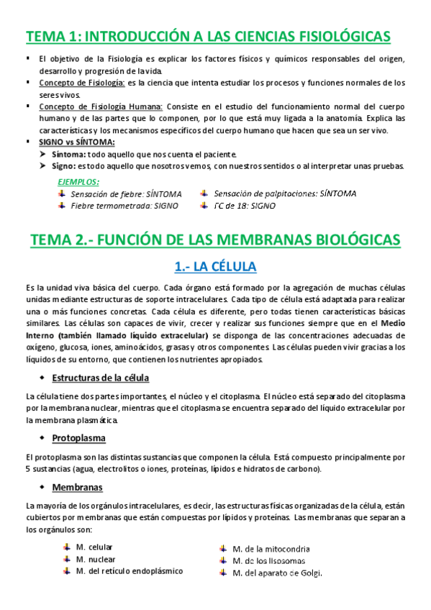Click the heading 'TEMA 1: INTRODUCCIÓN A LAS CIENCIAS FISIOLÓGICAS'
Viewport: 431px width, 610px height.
point(208,37)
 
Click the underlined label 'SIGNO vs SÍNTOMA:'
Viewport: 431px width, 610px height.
point(74,143)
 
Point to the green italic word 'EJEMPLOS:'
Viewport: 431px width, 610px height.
point(78,182)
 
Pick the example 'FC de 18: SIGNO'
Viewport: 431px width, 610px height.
point(245,206)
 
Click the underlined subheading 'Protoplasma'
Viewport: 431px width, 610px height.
point(78,437)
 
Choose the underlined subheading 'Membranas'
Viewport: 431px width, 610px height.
point(76,487)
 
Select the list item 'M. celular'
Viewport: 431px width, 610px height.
point(94,547)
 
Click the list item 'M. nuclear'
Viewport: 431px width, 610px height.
point(95,559)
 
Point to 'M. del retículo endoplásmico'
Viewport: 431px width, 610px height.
point(129,571)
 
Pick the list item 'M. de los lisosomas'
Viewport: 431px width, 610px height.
point(268,561)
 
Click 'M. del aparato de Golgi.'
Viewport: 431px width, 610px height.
point(276,573)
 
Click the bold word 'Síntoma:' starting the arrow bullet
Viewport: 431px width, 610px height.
point(69,155)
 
